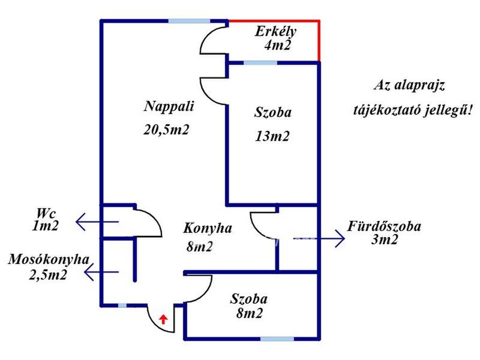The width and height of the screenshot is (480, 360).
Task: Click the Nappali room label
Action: [x=169, y=106]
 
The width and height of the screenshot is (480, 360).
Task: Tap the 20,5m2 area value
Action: [x=166, y=130]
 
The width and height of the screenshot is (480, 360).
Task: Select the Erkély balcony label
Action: [x=276, y=32]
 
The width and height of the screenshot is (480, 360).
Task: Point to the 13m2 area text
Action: [x=272, y=136]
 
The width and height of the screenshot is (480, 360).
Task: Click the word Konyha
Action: [x=208, y=229]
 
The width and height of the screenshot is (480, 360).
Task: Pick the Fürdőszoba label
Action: [x=384, y=226]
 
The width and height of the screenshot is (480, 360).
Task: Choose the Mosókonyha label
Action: [x=48, y=261]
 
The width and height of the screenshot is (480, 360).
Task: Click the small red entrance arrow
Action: [x=163, y=320]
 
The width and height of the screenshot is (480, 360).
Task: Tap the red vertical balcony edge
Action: [x=319, y=41]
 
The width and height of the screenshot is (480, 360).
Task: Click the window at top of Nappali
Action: [x=189, y=21]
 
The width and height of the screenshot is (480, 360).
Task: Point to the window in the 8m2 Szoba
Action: [x=277, y=338]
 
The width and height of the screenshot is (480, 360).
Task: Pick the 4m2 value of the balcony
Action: [x=278, y=45]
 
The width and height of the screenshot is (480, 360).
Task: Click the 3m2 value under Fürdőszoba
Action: [x=383, y=240]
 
